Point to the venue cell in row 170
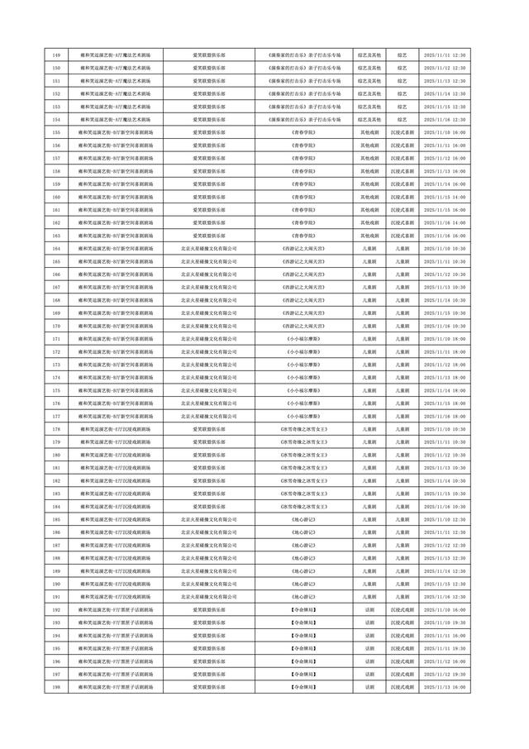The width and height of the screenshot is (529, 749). [x=116, y=326]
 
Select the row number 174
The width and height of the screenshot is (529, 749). [x=56, y=378]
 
